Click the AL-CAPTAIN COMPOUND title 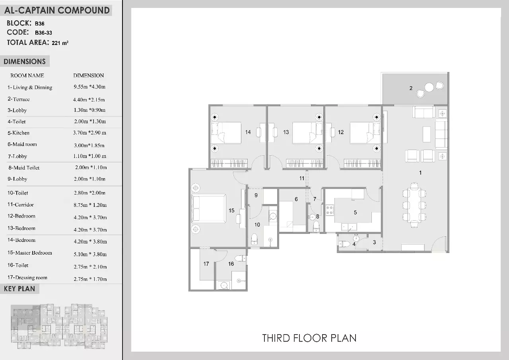pos(57,10)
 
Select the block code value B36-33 pos(43,33)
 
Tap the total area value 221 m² pos(60,43)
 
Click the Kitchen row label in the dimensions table pos(18,133)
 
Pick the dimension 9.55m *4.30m pos(89,87)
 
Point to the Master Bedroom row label pos(29,253)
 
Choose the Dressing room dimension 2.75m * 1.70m pos(90,279)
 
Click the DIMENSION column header pos(88,76)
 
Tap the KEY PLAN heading pos(19,289)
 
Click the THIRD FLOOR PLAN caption pos(309,338)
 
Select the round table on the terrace pos(429,88)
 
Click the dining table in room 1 pos(414,205)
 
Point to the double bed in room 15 pos(209,208)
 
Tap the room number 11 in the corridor pos(301,179)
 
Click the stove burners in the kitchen pos(330,210)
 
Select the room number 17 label pos(206,264)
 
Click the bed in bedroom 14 pos(226,133)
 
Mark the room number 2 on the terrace pos(411,88)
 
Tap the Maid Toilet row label pos(24,168)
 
